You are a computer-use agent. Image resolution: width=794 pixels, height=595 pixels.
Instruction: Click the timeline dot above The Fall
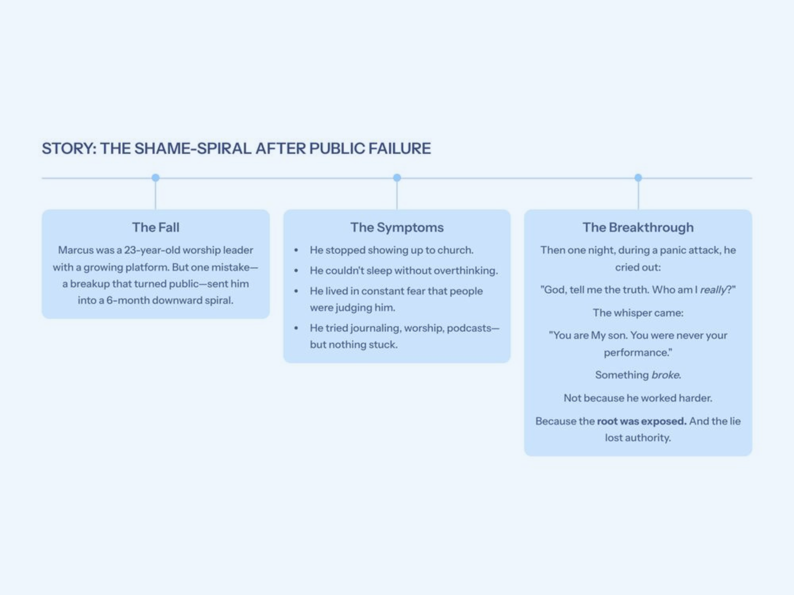[x=155, y=178]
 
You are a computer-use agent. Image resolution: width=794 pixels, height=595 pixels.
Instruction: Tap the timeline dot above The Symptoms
[x=397, y=178]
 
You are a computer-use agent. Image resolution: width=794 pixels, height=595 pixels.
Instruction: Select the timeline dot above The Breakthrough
[x=638, y=178]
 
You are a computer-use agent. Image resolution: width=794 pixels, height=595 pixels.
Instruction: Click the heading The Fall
[x=155, y=227]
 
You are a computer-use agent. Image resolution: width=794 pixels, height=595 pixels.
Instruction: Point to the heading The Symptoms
[x=397, y=227]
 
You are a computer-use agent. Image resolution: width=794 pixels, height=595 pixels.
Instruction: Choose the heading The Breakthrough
[x=638, y=227]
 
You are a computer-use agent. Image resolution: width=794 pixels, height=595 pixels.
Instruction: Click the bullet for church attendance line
[x=296, y=250]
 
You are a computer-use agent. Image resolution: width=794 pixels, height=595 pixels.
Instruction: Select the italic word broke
[x=665, y=375]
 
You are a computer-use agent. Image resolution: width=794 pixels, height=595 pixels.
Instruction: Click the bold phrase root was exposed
[x=641, y=421]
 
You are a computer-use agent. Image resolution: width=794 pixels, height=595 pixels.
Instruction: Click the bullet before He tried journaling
[x=296, y=328]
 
